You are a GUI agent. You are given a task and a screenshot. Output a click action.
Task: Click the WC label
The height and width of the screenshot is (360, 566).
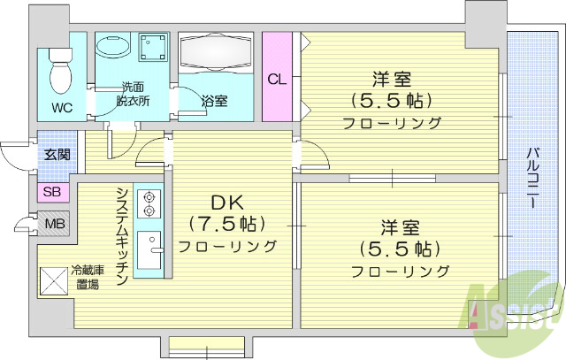tap(61, 109)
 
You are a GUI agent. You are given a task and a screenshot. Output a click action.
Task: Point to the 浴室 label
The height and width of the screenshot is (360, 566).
tap(214, 102)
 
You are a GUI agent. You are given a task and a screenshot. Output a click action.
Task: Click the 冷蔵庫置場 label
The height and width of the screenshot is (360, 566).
tap(86, 278)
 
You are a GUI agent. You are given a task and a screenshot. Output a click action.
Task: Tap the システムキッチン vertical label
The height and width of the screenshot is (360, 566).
tap(122, 234)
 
